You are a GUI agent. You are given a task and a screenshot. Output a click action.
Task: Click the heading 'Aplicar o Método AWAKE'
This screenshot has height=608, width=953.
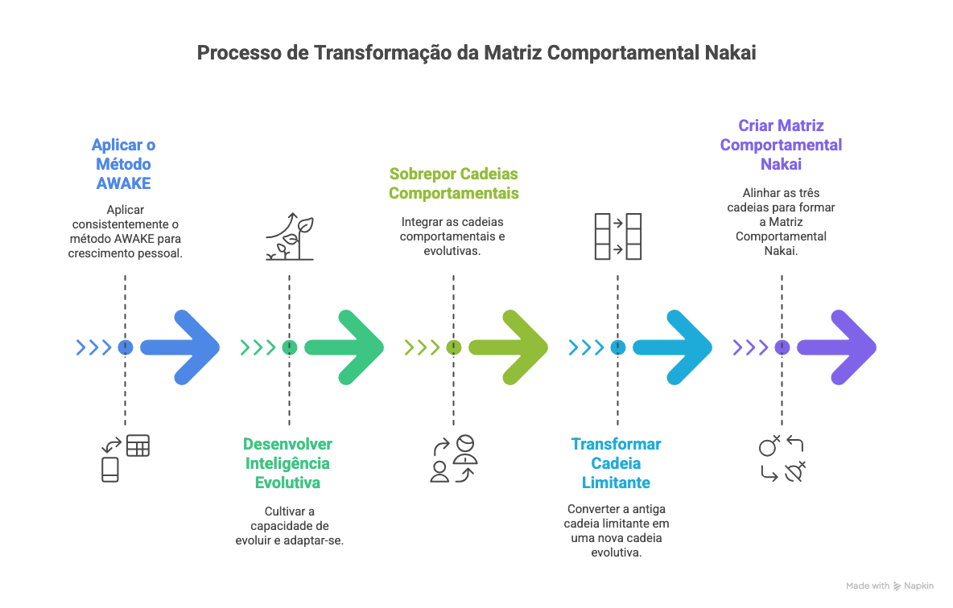[x=124, y=164]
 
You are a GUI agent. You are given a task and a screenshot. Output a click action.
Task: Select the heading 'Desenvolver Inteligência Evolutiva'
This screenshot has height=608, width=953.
[x=288, y=463]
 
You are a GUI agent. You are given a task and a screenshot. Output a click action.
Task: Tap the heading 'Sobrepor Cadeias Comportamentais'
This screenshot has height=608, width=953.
[x=453, y=183]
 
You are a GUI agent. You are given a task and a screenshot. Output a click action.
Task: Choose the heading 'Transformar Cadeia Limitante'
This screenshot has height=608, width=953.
[x=617, y=463]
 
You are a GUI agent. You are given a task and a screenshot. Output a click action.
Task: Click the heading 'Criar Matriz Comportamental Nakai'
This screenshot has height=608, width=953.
[x=781, y=145]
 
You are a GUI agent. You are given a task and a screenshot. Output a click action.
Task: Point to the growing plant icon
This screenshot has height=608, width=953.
[x=289, y=236]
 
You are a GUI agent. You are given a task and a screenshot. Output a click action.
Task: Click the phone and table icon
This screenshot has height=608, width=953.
[x=125, y=458]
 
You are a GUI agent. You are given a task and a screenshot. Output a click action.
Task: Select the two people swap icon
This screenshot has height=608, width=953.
[x=453, y=458]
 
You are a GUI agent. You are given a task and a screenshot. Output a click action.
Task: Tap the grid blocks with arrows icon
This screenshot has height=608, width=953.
[x=617, y=236]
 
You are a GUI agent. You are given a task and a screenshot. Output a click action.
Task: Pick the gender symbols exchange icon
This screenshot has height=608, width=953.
[x=782, y=458]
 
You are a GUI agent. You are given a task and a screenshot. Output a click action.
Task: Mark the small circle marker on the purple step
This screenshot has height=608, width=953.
[x=782, y=347]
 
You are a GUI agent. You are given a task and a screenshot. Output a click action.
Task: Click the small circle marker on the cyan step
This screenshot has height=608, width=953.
[x=617, y=347]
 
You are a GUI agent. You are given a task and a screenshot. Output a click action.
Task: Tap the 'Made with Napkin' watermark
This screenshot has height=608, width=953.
[x=889, y=585]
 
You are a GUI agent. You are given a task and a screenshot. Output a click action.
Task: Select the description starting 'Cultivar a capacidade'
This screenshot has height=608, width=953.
[x=289, y=526]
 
